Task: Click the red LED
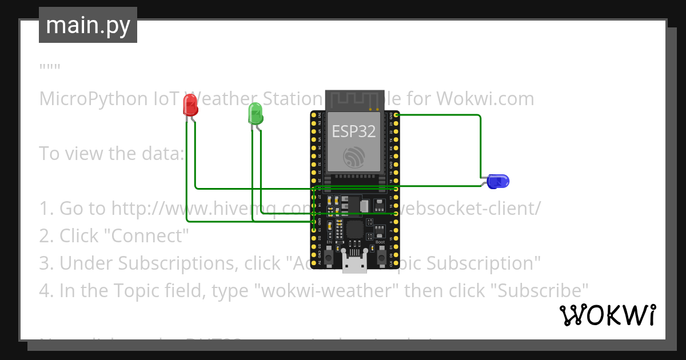point(190,106)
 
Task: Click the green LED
point(255,114)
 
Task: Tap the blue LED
point(498,182)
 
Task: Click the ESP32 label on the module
point(354,131)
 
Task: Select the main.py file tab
point(88,25)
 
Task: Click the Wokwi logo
point(607,315)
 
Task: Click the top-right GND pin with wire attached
point(396,115)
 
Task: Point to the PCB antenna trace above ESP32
point(354,101)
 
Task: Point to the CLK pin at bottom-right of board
point(396,265)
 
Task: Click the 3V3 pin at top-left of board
point(313,115)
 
